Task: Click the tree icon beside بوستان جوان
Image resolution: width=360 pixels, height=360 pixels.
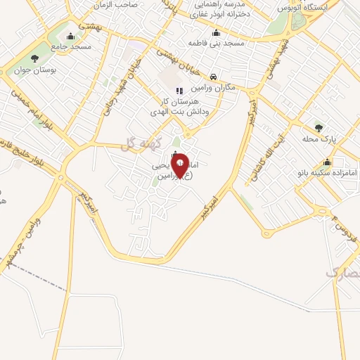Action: tap(34, 58)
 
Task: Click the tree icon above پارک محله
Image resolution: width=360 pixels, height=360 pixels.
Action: tap(319, 128)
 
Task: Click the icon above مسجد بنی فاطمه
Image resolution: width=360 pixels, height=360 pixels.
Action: tap(216, 32)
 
